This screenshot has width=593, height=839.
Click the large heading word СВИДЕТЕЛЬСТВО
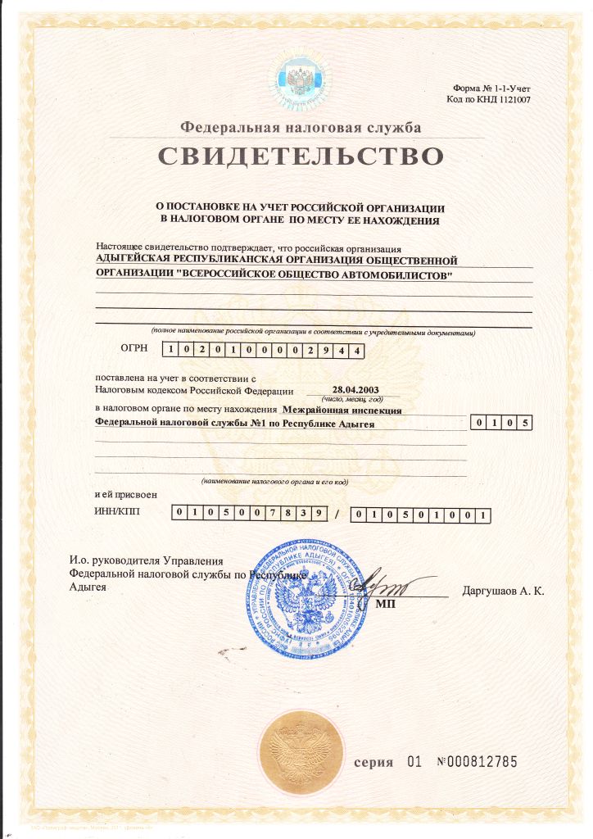pos(300,156)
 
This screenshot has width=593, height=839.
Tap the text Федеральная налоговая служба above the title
pos(301,128)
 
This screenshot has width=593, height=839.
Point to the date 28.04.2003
pos(355,390)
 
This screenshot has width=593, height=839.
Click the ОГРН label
pos(134,348)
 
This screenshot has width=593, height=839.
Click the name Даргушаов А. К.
pos(503,591)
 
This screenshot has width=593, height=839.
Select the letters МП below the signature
pos(385,604)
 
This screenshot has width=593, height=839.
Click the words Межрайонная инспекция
pos(342,409)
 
